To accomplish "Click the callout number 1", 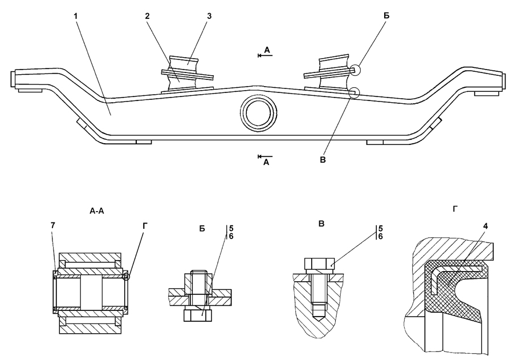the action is tap(76, 16).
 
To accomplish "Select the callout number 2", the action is tap(147, 16).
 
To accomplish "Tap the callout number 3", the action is tap(209, 16).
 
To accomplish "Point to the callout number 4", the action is tap(486, 226).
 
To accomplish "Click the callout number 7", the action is tap(52, 225).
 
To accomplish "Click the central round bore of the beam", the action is tap(259, 114).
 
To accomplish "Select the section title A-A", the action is tap(96, 211).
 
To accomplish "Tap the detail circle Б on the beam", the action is tap(355, 70).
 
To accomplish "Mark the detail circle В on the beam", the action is tap(354, 92).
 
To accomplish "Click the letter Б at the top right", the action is tap(386, 16).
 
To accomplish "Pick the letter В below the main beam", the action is tap(323, 160).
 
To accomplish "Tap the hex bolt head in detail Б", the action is tap(198, 315).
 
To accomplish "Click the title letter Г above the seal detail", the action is tap(455, 209).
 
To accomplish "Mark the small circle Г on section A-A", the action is tap(126, 277).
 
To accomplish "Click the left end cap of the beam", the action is tap(13, 79).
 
